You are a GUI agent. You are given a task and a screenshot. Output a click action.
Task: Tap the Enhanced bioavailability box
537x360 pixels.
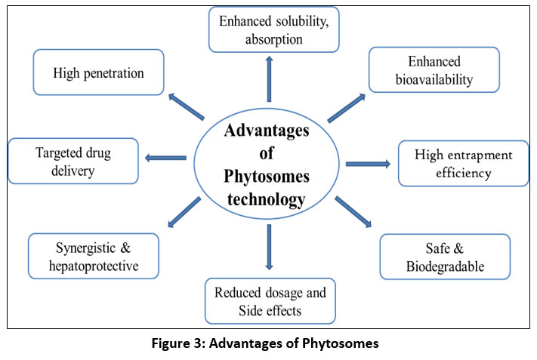(434, 70)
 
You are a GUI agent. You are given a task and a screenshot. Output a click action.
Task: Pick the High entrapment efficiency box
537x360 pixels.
(464, 163)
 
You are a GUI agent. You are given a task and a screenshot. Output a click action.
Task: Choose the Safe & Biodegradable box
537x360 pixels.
(445, 257)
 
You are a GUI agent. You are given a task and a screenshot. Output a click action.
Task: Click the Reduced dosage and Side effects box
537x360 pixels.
(270, 300)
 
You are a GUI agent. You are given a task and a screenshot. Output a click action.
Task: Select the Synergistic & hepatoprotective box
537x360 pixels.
(94, 257)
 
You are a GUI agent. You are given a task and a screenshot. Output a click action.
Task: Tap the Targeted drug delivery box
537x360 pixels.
(73, 161)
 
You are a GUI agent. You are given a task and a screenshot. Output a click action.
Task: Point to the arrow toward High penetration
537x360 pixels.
(186, 106)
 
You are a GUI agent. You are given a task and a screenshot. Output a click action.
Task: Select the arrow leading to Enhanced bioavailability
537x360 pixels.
(347, 108)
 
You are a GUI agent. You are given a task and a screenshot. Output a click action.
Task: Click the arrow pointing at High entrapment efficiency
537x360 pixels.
(367, 163)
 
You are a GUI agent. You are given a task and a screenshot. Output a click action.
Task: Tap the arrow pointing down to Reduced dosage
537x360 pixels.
(268, 247)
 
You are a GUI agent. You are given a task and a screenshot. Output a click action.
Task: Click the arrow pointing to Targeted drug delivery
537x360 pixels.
(165, 158)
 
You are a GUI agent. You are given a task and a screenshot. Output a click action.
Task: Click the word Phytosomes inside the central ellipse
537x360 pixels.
(267, 177)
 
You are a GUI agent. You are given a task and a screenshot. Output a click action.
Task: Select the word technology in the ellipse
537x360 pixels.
(267, 198)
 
